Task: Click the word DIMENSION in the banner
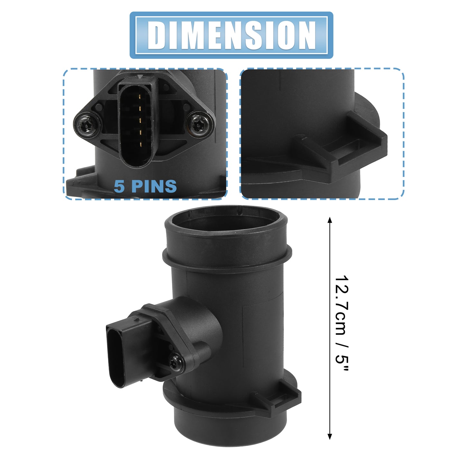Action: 232,35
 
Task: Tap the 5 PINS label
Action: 145,186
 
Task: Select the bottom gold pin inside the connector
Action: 140,144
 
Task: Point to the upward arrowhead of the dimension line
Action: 330,220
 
